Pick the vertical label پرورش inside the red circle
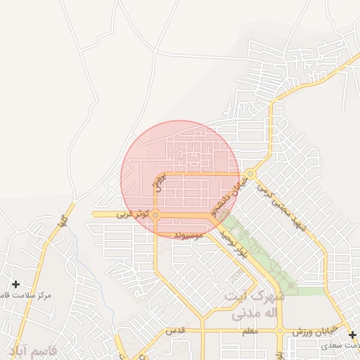point(159,181)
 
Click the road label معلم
point(249,330)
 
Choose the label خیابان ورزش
point(316,330)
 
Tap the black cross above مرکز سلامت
point(15,285)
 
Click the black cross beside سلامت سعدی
point(352,334)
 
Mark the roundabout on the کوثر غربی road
point(155,214)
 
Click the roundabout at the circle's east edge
point(250,174)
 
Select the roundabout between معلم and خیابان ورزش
point(280,330)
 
